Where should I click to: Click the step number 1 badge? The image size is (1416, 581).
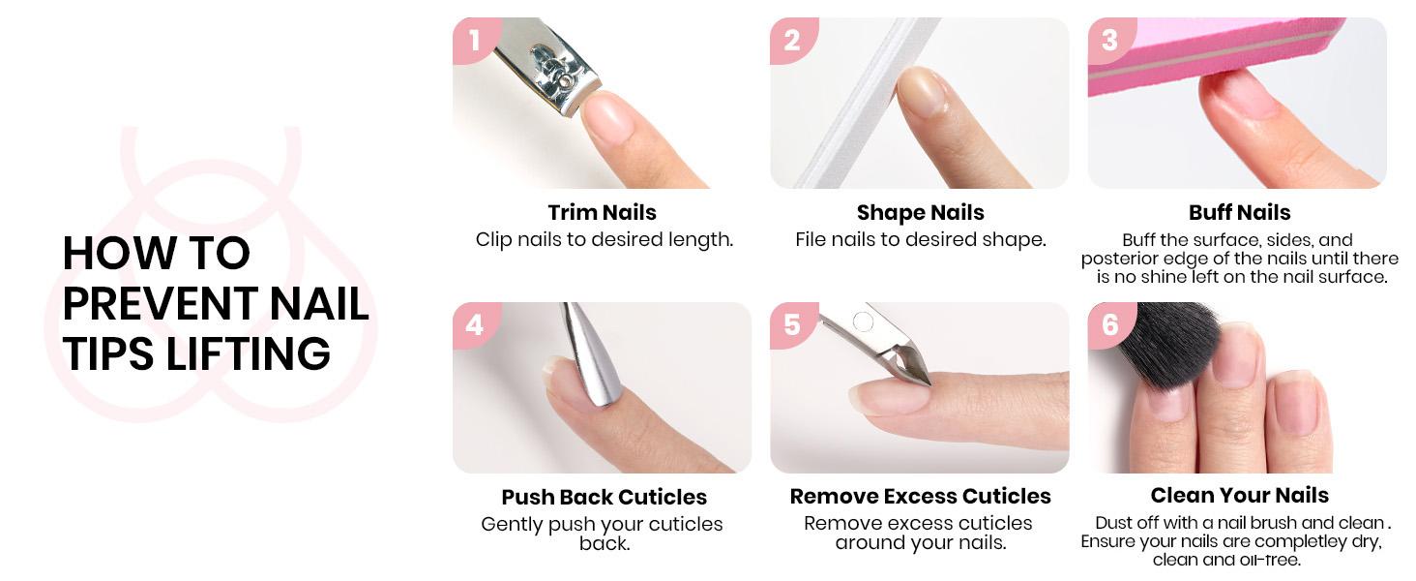tap(474, 40)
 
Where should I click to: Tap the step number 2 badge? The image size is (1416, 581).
tap(792, 40)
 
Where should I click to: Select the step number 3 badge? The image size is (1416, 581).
tap(1109, 40)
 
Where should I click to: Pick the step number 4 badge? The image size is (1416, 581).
tap(474, 324)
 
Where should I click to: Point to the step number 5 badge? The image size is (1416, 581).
tap(792, 324)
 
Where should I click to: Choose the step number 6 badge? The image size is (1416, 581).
tap(1109, 324)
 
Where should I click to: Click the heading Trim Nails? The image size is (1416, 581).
tap(602, 212)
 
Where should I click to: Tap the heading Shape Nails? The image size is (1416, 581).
tap(920, 212)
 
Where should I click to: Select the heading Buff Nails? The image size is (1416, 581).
tap(1239, 212)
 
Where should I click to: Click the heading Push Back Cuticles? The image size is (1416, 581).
tap(604, 497)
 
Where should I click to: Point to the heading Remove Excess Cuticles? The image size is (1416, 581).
tap(920, 496)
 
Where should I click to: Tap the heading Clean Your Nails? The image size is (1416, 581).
tap(1239, 495)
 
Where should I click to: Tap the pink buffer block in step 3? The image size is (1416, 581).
tap(1209, 58)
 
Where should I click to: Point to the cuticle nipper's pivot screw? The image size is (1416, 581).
tap(864, 321)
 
